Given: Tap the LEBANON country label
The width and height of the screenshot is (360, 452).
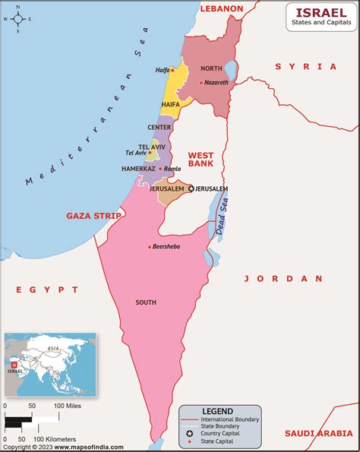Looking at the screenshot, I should click(222, 8).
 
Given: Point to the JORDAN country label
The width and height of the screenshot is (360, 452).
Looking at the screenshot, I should click(283, 279).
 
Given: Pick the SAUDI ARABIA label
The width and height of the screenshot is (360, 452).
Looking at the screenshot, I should click(318, 433).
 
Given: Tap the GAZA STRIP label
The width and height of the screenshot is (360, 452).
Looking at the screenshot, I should click(93, 216).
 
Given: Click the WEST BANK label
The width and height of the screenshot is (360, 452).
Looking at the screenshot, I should click(201, 158).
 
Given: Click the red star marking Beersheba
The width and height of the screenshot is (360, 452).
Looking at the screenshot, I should click(149, 247).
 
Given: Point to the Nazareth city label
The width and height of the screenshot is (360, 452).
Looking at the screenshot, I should click(216, 82).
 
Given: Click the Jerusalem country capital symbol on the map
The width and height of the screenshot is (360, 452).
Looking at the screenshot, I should click(191, 188).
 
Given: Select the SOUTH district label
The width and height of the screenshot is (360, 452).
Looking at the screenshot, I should click(146, 302).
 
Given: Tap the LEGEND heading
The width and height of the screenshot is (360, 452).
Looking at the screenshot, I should click(217, 411).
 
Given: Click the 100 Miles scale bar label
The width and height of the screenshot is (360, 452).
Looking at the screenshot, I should click(68, 406).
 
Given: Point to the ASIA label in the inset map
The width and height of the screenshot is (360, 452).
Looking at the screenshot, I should click(53, 349).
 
